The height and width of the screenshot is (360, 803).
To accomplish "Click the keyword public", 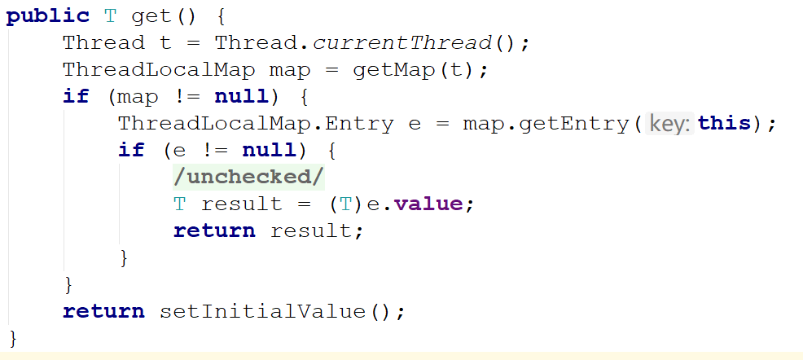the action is pos(47,17).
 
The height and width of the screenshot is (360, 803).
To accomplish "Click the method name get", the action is pos(151,17).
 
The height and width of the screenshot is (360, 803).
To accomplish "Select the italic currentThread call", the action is pos(402,43).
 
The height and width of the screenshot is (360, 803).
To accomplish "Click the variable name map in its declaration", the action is pos(290,70).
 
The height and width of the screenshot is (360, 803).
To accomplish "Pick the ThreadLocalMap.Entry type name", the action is pos(256,124).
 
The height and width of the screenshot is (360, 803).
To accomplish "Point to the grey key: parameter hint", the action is pos(669,124).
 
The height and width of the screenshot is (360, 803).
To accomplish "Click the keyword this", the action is pos(724,124).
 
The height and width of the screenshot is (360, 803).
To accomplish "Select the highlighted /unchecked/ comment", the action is pos(249,178).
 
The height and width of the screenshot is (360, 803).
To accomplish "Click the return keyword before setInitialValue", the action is pos(103,311).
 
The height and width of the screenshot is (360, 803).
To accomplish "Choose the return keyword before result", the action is pos(214,231).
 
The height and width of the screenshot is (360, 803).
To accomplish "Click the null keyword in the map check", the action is pos(241,97).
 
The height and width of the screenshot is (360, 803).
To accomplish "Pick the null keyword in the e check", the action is pos(269,151).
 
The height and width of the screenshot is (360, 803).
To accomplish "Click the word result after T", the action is pos(242,204).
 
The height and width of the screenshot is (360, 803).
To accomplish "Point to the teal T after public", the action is pos(111,17).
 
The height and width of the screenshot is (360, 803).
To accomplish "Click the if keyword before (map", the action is pos(76,96).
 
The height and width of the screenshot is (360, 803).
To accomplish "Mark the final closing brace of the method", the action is pos(13,339).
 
